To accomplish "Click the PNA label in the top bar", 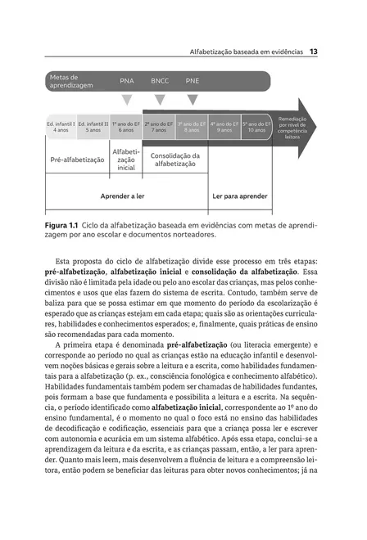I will tap(127, 81).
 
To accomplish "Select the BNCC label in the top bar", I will tap(160, 81).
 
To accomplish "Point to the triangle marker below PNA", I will tap(127, 100).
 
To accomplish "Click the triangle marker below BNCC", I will tap(160, 100).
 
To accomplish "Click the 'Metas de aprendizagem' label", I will tap(70, 80).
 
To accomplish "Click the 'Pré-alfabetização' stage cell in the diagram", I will tap(77, 160).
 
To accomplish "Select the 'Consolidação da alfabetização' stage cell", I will tap(175, 160).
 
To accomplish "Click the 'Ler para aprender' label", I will tap(240, 196).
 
